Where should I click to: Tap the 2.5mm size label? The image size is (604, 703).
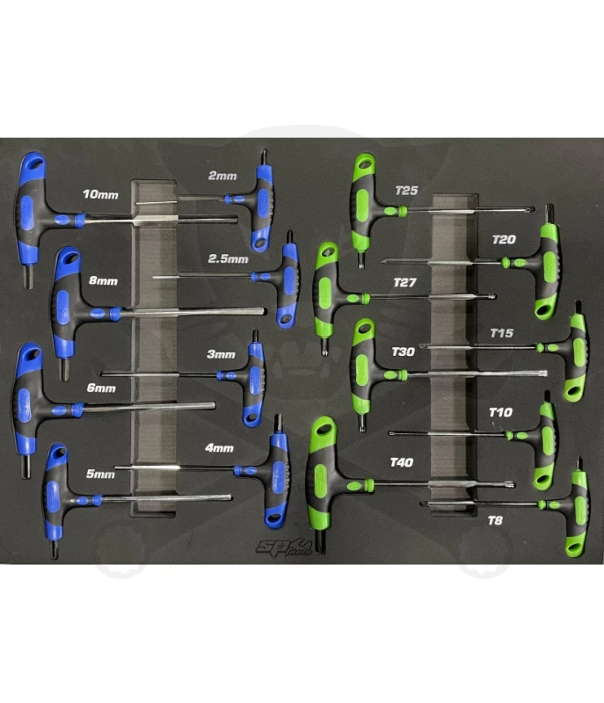click(x=228, y=259)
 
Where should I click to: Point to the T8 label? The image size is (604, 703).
click(x=497, y=521)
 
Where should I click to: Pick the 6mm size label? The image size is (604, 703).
click(x=101, y=388)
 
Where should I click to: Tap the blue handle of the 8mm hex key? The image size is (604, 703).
click(x=66, y=302)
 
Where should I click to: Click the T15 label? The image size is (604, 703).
click(x=503, y=334)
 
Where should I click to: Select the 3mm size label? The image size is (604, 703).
click(x=222, y=355)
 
